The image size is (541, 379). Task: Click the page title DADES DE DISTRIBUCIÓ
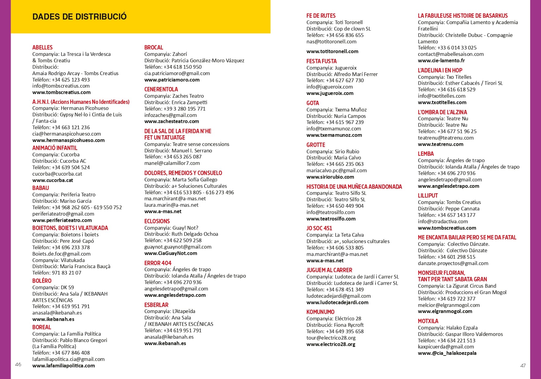coord(79,16)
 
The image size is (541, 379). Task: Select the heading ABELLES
coord(42,47)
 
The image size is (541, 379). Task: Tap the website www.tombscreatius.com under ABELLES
coord(61,92)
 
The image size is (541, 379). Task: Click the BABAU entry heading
coord(41,188)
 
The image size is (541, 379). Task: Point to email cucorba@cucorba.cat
coord(57,174)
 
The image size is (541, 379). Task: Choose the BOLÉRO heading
coord(42,281)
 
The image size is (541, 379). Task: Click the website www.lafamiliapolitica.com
coord(64,366)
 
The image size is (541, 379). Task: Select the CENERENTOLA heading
coord(161,89)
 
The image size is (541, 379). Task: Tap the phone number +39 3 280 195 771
coord(184,109)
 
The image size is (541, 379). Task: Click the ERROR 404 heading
coord(158,263)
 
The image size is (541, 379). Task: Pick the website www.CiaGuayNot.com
coord(171,253)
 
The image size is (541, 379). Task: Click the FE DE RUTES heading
coord(321,16)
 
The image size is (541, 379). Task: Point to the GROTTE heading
coord(316,145)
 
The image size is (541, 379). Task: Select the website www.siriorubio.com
coord(330,177)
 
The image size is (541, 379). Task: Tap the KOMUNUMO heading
coord(320,312)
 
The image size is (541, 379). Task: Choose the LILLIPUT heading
coord(428,195)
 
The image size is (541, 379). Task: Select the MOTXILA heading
coord(428,321)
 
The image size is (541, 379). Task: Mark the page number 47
coord(523,365)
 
